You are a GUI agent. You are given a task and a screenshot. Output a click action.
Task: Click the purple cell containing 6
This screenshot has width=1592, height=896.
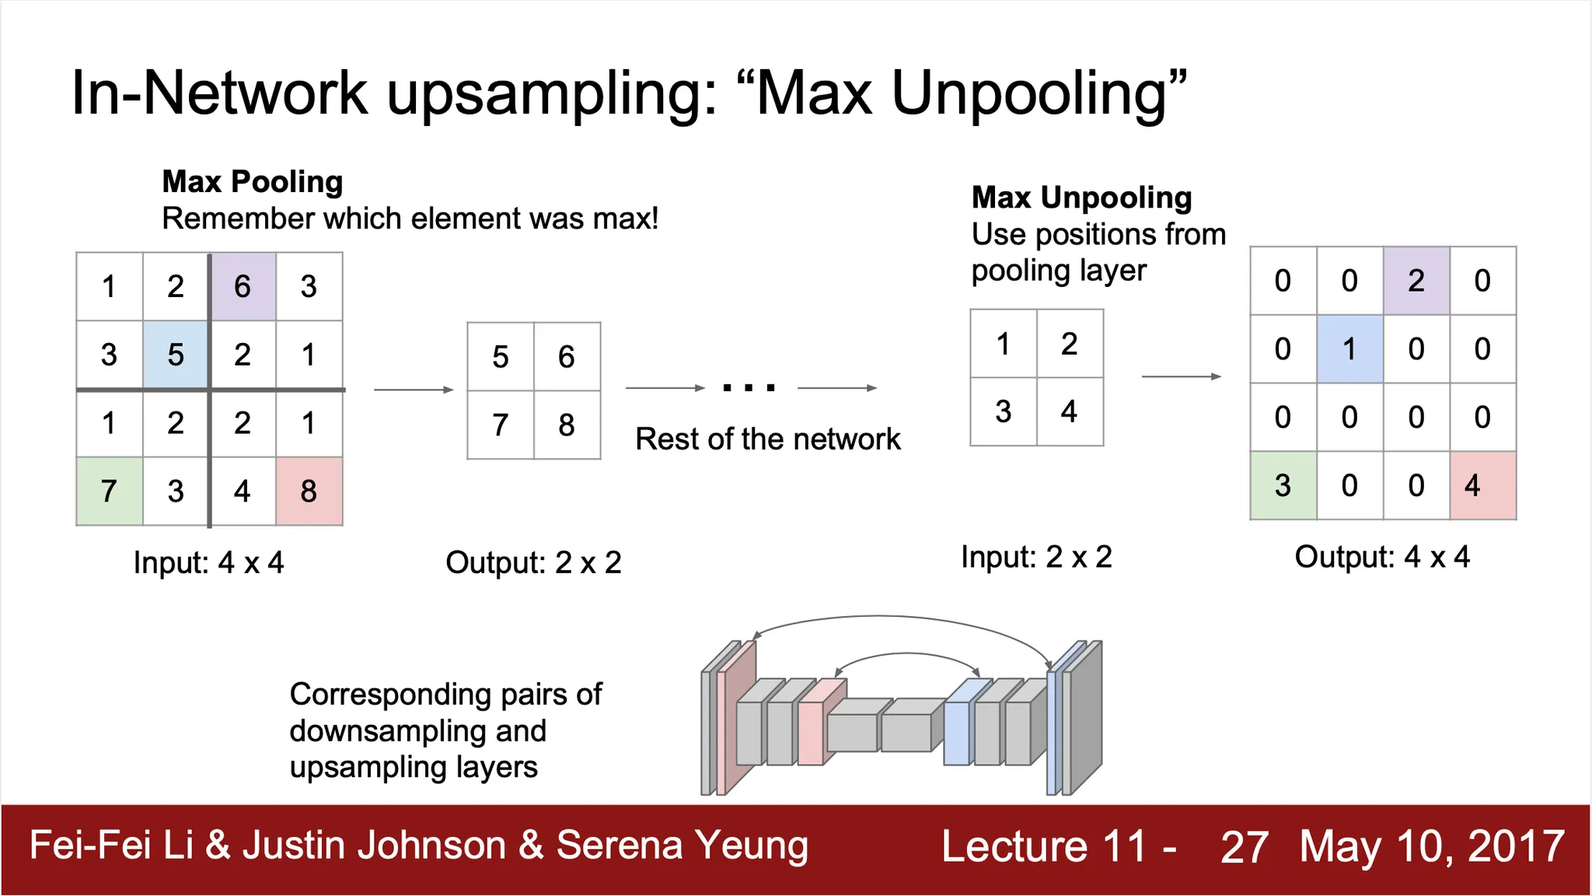click(x=243, y=286)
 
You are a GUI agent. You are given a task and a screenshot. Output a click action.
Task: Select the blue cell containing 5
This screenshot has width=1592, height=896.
click(x=176, y=355)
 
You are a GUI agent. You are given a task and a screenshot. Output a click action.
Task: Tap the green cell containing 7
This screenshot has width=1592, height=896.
click(x=110, y=491)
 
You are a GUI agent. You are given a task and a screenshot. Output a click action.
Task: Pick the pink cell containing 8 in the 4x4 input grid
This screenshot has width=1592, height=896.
click(x=309, y=491)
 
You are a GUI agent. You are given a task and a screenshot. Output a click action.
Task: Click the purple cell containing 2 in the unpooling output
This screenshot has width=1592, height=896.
click(x=1416, y=281)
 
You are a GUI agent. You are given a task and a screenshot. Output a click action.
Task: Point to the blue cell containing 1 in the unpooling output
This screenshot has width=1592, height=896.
click(x=1349, y=348)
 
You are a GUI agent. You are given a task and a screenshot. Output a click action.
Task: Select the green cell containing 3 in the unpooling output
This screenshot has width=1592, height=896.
click(x=1283, y=485)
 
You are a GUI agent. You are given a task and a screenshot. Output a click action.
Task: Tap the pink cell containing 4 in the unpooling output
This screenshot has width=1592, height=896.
click(x=1482, y=485)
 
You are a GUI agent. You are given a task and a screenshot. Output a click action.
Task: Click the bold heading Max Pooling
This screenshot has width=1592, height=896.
click(x=253, y=182)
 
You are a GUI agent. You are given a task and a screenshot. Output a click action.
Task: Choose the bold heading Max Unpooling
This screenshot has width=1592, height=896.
click(x=1081, y=198)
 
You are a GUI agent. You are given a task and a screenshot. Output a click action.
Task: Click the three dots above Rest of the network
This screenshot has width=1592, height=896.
click(x=749, y=387)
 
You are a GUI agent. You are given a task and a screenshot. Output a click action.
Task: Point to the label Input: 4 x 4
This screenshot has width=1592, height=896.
click(x=208, y=562)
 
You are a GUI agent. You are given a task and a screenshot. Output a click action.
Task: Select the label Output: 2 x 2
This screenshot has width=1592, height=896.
click(x=533, y=562)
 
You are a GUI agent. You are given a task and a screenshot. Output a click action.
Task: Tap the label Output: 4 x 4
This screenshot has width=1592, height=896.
click(x=1382, y=557)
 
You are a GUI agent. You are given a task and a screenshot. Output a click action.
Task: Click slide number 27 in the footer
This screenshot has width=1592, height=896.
click(x=1244, y=846)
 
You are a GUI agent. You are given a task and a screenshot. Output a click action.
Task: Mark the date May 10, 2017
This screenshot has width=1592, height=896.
click(x=1432, y=846)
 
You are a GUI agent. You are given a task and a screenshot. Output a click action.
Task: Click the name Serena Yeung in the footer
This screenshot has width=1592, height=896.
click(x=683, y=845)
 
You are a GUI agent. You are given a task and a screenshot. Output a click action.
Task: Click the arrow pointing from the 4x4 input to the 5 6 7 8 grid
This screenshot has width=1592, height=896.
click(x=414, y=389)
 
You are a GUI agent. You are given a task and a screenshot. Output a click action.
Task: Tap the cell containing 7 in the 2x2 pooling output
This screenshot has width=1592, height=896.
click(x=501, y=425)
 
